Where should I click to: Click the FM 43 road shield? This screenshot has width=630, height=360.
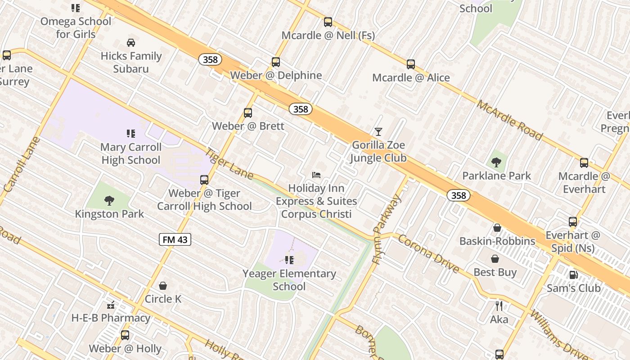pos(175,239)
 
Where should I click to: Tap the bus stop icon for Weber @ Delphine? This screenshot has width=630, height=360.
pos(276,62)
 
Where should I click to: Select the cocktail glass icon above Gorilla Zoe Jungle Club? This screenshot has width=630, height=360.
pos(378,131)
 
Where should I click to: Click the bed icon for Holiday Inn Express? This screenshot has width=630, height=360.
pos(316,175)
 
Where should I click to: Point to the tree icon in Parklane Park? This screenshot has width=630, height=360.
pos(497,162)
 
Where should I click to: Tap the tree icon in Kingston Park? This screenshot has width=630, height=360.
pos(109,200)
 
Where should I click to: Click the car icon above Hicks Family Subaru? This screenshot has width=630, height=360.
pos(131,43)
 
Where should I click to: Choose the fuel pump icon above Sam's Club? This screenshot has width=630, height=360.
pos(573,274)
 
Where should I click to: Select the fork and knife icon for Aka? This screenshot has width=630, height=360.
pos(499,306)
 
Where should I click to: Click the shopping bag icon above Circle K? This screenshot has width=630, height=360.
pos(163,286)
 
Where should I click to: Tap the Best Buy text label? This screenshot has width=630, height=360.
pos(495,272)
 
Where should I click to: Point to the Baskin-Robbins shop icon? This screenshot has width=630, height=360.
pos(497,228)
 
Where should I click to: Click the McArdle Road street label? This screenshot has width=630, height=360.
pos(509,120)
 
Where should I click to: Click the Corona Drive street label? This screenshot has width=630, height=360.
pos(428,254)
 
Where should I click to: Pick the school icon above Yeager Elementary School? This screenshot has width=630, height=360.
pos(289,260)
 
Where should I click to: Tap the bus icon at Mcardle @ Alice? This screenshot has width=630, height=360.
pos(411,64)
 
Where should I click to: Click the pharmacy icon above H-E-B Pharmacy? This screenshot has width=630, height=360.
pos(111,305)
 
